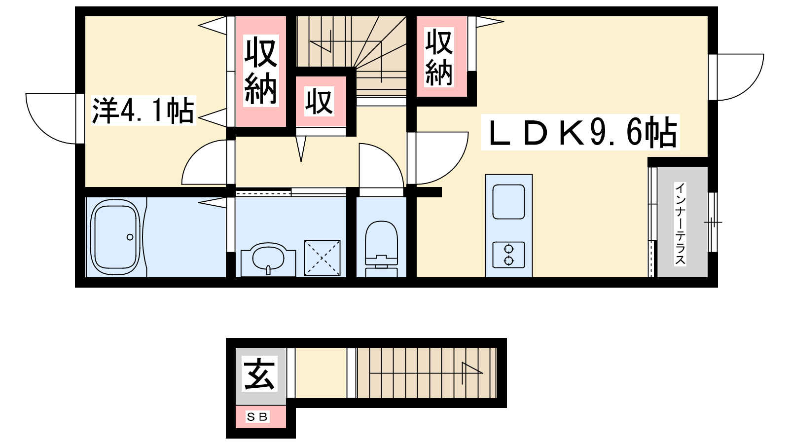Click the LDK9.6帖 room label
580,132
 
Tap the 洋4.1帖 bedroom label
143,111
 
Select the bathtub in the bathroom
115,237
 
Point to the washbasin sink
268,259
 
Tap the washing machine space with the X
322,258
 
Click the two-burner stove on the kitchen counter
508,255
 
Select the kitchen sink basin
508,202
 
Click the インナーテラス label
680,224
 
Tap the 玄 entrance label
259,373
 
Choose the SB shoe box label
257,417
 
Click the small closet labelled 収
321,102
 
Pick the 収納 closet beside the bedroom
261,71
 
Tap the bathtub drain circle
130,237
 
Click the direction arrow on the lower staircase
472,373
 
